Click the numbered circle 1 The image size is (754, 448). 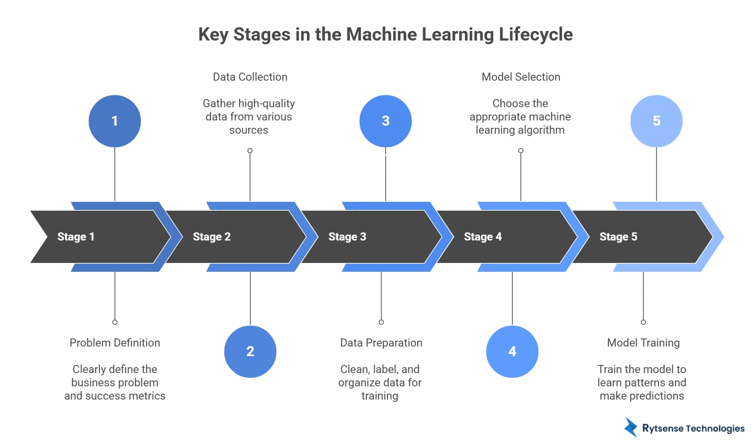pyautogui.click(x=115, y=121)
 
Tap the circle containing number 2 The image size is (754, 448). pyautogui.click(x=250, y=351)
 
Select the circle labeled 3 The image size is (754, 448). pyautogui.click(x=385, y=121)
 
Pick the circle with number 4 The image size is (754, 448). pyautogui.click(x=512, y=351)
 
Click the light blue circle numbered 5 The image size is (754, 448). pyautogui.click(x=656, y=121)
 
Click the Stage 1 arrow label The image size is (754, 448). pyautogui.click(x=76, y=237)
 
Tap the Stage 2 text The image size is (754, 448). pyautogui.click(x=212, y=237)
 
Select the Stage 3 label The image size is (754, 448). pyautogui.click(x=347, y=237)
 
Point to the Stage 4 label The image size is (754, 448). pyautogui.click(x=483, y=237)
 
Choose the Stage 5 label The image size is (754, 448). pyautogui.click(x=618, y=237)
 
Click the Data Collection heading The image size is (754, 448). pyautogui.click(x=250, y=77)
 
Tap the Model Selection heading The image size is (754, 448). pyautogui.click(x=521, y=77)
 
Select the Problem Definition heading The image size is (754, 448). pyautogui.click(x=115, y=342)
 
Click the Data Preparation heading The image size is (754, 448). pyautogui.click(x=381, y=342)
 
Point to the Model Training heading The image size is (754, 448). pyautogui.click(x=643, y=342)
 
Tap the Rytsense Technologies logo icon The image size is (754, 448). pyautogui.click(x=631, y=427)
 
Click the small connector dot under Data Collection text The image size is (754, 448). pyautogui.click(x=250, y=151)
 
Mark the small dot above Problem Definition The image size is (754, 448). pyautogui.click(x=115, y=322)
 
